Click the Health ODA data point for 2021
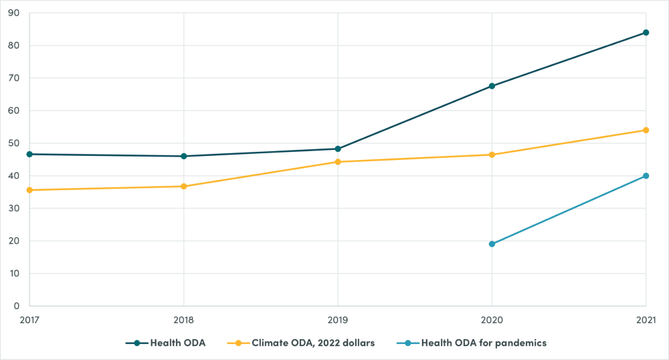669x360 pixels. pyautogui.click(x=646, y=32)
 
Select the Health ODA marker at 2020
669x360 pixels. pyautogui.click(x=492, y=86)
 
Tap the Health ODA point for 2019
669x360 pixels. pyautogui.click(x=338, y=149)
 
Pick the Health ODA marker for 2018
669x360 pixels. pyautogui.click(x=183, y=156)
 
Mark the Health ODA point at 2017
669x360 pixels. pyautogui.click(x=29, y=154)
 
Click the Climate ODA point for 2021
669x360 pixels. pyautogui.click(x=646, y=130)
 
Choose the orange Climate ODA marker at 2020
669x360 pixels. pyautogui.click(x=492, y=155)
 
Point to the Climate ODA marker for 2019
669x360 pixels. pyautogui.click(x=338, y=162)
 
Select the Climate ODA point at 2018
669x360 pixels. pyautogui.click(x=183, y=186)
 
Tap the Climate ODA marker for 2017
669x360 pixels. pyautogui.click(x=29, y=190)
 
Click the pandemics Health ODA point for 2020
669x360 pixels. pyautogui.click(x=492, y=244)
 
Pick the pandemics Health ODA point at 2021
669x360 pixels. pyautogui.click(x=646, y=176)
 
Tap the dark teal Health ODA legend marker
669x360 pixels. pyautogui.click(x=136, y=343)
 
